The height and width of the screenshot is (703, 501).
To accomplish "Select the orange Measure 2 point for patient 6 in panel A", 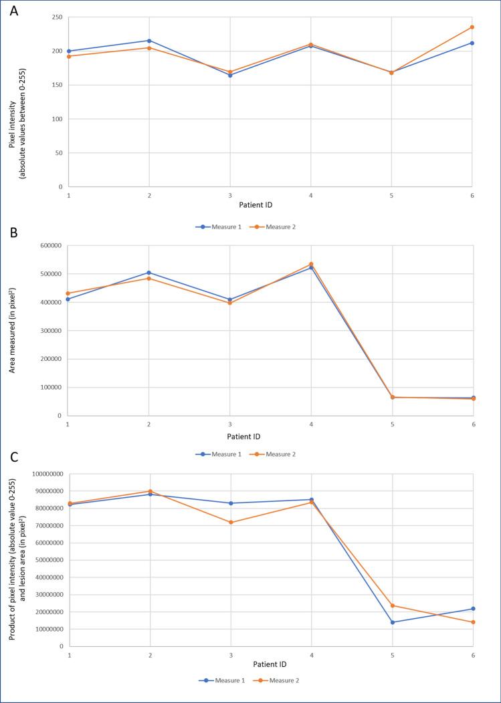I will (472, 27).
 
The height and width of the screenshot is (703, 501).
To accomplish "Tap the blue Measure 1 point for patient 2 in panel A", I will (149, 41).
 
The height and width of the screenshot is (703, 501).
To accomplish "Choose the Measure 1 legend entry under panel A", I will (214, 227).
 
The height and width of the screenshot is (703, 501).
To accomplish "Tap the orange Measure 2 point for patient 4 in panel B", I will (311, 265).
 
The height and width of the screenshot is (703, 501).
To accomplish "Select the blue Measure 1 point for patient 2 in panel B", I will (149, 273).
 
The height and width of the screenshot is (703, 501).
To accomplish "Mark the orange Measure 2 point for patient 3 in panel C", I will (231, 523).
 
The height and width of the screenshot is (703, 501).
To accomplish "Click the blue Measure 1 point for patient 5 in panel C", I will (392, 622).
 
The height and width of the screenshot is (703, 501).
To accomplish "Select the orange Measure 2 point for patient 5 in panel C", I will (392, 605).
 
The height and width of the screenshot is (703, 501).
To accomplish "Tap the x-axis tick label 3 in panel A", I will (230, 196).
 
